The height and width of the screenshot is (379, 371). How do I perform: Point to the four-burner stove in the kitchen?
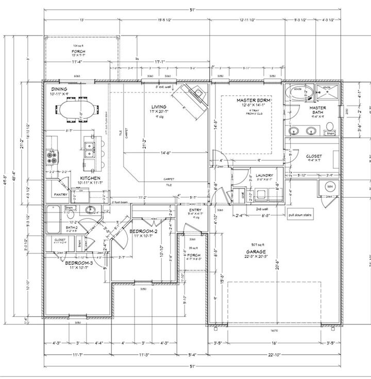53,154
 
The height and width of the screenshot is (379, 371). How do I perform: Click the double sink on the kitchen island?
90,149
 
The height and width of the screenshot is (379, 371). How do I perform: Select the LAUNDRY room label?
264,176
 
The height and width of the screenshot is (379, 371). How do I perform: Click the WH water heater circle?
329,186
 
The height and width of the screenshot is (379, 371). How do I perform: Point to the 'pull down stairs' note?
301,215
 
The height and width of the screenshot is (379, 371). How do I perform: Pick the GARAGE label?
256,252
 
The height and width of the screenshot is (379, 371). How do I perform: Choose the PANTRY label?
61,195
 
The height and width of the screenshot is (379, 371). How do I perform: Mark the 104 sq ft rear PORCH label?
78,51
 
